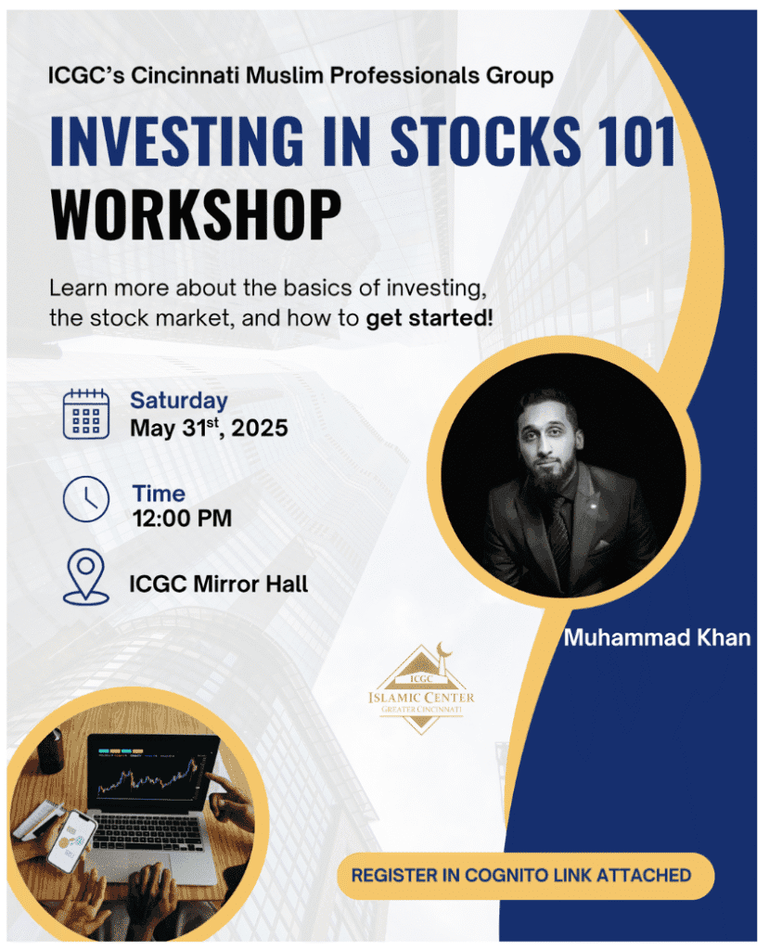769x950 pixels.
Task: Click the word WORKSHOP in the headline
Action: tap(197, 215)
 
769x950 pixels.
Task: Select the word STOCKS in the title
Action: tap(485, 141)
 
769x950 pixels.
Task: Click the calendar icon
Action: tap(86, 414)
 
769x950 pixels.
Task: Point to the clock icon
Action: tap(86, 499)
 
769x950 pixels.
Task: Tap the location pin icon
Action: tap(86, 577)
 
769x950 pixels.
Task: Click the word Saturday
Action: tap(179, 401)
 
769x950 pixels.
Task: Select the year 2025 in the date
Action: tap(260, 429)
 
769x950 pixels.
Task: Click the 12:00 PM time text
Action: tap(183, 519)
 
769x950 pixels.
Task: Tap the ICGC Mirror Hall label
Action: tap(219, 584)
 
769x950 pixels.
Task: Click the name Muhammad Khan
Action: tap(657, 637)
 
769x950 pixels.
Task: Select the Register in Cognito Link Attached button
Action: tap(525, 876)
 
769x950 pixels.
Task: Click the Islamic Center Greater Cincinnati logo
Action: tap(422, 689)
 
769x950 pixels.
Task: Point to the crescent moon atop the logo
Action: tap(446, 648)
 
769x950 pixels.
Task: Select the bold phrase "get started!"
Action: tap(429, 318)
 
